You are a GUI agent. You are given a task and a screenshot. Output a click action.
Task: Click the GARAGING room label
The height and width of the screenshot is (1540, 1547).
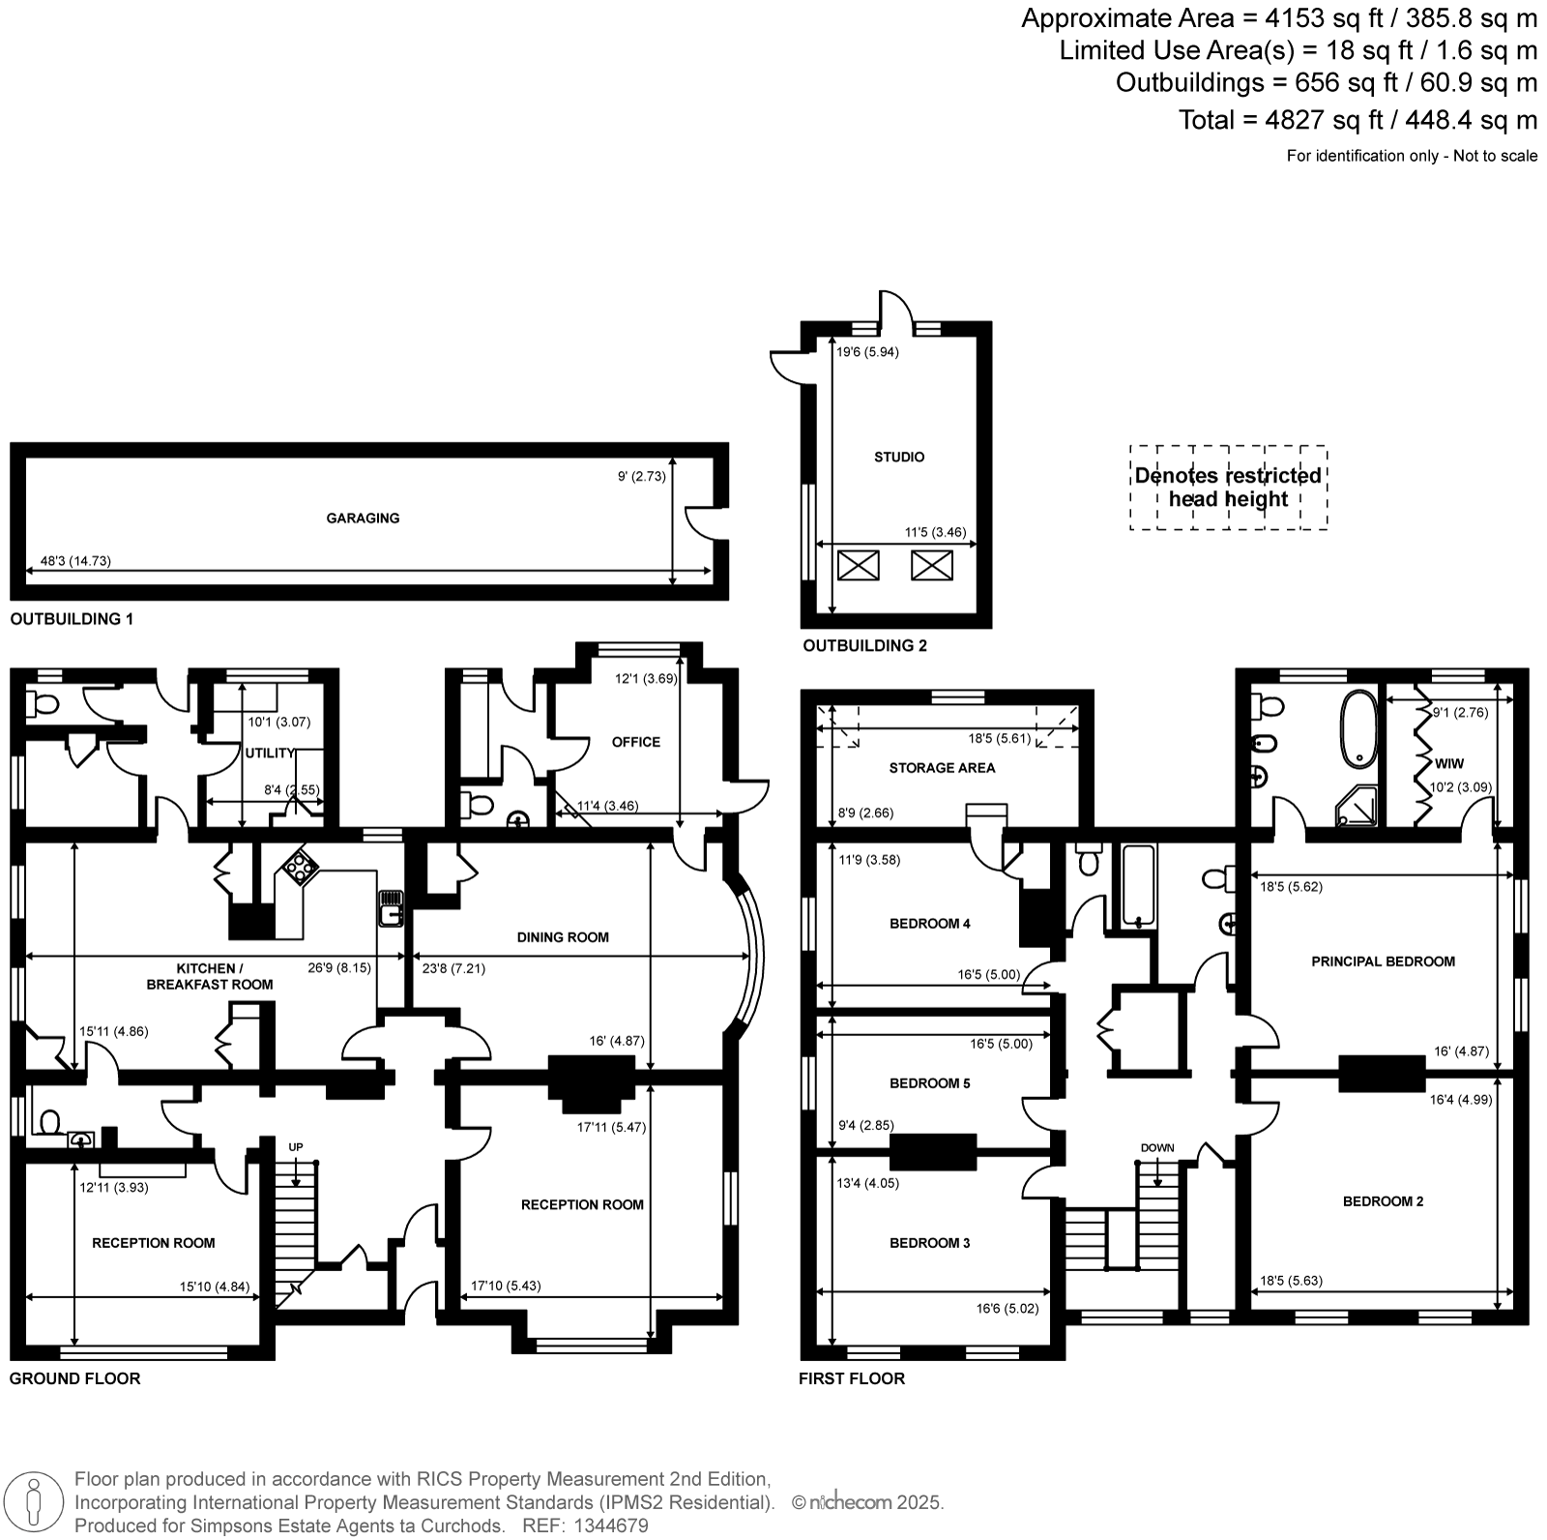363,518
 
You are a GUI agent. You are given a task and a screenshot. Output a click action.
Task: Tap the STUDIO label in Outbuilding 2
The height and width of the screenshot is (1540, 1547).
899,457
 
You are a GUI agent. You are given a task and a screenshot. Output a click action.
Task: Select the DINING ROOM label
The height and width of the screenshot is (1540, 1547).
563,937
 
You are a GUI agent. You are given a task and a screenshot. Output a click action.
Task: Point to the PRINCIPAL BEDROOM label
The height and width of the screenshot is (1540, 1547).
1383,962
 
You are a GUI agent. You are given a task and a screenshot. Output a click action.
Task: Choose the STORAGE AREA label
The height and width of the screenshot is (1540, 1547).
942,768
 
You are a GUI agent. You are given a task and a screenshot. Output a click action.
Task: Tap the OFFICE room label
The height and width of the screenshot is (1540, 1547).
636,742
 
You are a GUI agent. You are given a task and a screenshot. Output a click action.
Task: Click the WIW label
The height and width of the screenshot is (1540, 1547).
1449,763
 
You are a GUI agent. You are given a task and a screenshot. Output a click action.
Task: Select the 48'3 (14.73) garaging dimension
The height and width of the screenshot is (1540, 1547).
75,561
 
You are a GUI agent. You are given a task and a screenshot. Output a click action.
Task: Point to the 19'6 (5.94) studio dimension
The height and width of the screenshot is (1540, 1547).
867,352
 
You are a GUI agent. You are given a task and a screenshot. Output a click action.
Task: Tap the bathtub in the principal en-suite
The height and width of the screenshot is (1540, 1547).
1358,726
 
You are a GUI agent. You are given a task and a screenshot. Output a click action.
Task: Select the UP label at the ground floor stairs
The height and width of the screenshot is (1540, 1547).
296,1147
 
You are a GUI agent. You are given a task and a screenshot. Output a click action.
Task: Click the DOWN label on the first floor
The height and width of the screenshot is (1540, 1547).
1157,1148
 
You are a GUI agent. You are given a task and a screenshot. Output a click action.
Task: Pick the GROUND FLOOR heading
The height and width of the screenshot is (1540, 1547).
75,1378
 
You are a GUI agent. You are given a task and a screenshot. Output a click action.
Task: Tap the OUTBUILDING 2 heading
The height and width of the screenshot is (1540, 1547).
864,645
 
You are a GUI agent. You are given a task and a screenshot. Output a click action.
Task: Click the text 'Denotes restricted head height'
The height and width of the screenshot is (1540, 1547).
1228,488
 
